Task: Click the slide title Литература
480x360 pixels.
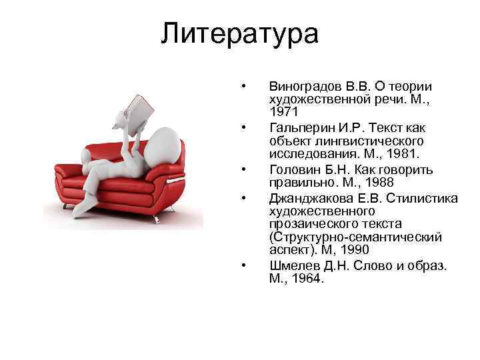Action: click(239, 34)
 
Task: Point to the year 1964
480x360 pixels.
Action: click(307, 279)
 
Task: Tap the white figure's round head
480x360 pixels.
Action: click(163, 143)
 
